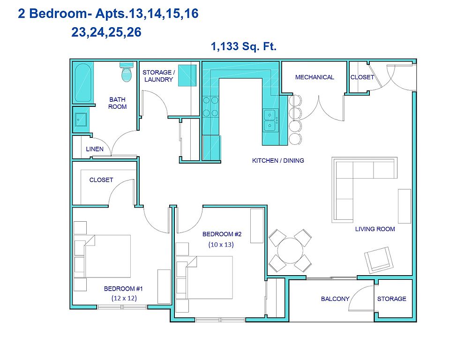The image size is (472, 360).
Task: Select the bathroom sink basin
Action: pos(81,120)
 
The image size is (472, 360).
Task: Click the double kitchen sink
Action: pos(270,120)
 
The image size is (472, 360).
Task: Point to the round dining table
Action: pos(290,251)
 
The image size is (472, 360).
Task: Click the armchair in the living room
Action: pos(379,260)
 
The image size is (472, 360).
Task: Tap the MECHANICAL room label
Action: pos(315,77)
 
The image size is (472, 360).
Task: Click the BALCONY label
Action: pos(335,299)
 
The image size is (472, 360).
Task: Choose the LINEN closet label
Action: pos(95,149)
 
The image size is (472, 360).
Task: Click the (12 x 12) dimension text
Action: pos(124,298)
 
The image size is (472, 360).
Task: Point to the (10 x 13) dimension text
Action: pos(221,244)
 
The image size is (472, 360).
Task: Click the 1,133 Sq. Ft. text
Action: pos(244,46)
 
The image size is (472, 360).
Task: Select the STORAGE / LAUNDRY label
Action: pos(158,76)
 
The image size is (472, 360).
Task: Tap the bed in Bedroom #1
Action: pos(102,256)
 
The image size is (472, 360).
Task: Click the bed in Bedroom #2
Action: pos(204,277)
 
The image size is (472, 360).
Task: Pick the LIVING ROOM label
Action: pos(375,229)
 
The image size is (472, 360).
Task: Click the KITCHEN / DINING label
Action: pos(278,160)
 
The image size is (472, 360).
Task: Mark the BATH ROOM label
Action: pos(117,103)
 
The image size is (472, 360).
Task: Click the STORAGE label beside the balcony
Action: pos(392,299)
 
